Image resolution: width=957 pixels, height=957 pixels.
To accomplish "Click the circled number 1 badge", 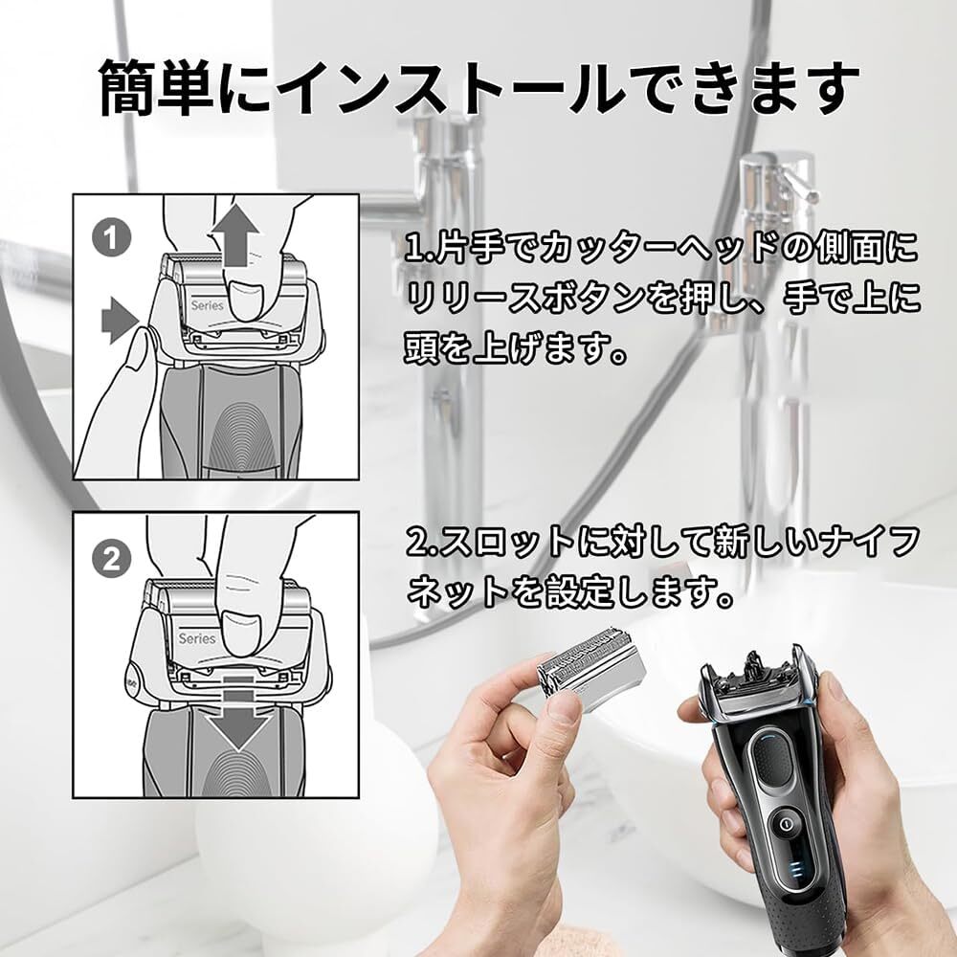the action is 111,238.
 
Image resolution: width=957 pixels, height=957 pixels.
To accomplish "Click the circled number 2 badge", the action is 111,559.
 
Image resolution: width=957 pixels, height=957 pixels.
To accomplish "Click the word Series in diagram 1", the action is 207,305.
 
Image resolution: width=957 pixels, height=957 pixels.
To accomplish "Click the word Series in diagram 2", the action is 196,638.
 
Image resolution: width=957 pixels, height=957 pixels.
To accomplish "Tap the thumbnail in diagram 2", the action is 241,633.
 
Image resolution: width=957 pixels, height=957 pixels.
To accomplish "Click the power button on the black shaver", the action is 786,825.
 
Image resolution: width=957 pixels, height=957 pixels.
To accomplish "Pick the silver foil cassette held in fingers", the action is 585,672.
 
